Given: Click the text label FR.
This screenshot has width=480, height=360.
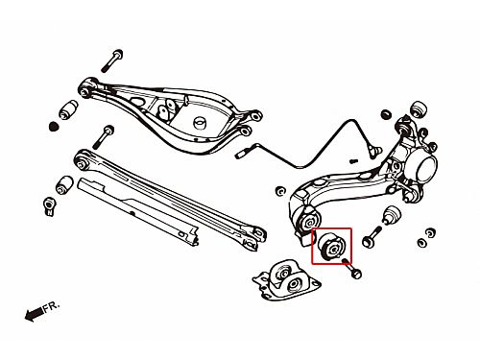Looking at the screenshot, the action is pos(51,307).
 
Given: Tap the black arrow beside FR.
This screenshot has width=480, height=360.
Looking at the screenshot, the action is pos(34,314).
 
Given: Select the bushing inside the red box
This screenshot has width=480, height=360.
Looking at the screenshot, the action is pos(331,247).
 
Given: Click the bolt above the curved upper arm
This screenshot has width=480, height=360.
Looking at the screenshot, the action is pos(112,60).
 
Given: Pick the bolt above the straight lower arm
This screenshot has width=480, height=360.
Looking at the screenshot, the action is pos(103,137).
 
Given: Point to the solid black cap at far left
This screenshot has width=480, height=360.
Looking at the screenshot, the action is pos(54,127).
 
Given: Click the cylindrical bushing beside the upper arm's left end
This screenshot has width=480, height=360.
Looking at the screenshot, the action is pos(68,109).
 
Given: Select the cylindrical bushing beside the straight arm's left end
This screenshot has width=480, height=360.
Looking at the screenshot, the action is pos(64,184).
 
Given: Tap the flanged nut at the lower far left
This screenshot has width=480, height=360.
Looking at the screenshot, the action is pos(49,206).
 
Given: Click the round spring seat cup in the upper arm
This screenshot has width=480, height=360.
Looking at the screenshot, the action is pos(201,123).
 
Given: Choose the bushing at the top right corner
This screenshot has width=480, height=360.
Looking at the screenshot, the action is pos(419,110).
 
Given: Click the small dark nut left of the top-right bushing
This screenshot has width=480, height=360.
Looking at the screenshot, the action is pos(387,114).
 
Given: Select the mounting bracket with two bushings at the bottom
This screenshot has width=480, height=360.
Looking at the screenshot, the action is pos(286,280).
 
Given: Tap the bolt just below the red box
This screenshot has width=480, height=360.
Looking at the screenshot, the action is pos(352,269).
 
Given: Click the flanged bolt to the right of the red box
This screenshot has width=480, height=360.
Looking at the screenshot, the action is pos(372,236).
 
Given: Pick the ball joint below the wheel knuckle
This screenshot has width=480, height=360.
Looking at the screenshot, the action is pos(393,216).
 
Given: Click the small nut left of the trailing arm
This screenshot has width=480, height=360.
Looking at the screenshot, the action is pos(280,191).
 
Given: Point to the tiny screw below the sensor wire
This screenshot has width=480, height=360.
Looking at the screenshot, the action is pos(353,161).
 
